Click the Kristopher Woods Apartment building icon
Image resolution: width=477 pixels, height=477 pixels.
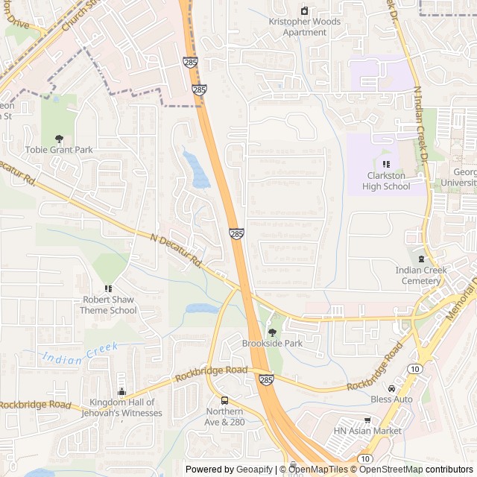[304, 10]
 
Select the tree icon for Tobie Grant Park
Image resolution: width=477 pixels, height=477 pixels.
[59, 139]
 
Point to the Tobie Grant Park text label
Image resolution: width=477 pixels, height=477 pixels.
[59, 150]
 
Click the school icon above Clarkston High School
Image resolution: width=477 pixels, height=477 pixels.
[386, 165]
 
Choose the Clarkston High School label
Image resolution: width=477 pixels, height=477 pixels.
[388, 181]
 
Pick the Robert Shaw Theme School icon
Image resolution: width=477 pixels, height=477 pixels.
[108, 288]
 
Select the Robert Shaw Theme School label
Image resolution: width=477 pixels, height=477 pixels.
[109, 305]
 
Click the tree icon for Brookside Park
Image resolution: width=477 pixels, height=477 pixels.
[272, 332]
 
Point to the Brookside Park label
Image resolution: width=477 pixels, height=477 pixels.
[272, 344]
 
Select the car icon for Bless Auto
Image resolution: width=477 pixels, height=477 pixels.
[392, 388]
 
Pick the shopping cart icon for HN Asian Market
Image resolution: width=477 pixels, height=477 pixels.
[367, 420]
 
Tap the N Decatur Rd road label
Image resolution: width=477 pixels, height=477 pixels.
[176, 251]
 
